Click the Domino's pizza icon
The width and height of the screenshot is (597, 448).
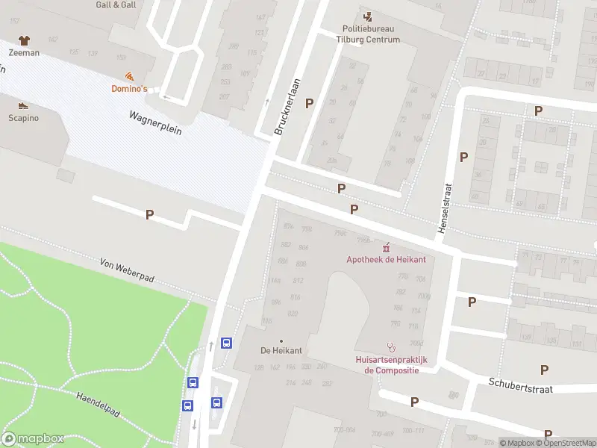(130, 76)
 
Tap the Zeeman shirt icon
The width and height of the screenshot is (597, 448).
(24, 40)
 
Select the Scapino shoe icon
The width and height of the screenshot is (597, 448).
(23, 105)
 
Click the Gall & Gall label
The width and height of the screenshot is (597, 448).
(116, 4)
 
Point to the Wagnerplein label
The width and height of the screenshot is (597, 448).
(155, 122)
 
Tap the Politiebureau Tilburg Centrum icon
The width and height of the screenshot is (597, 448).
(366, 16)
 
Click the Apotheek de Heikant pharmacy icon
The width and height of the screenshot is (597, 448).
(386, 247)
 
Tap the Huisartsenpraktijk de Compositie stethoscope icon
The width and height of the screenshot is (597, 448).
(390, 347)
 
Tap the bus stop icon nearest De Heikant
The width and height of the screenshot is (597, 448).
(226, 343)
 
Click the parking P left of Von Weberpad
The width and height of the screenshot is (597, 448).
(149, 214)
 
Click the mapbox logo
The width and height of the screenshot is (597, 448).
(33, 439)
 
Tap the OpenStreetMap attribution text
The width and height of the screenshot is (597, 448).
(566, 443)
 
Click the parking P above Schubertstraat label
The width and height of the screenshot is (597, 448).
(544, 370)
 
